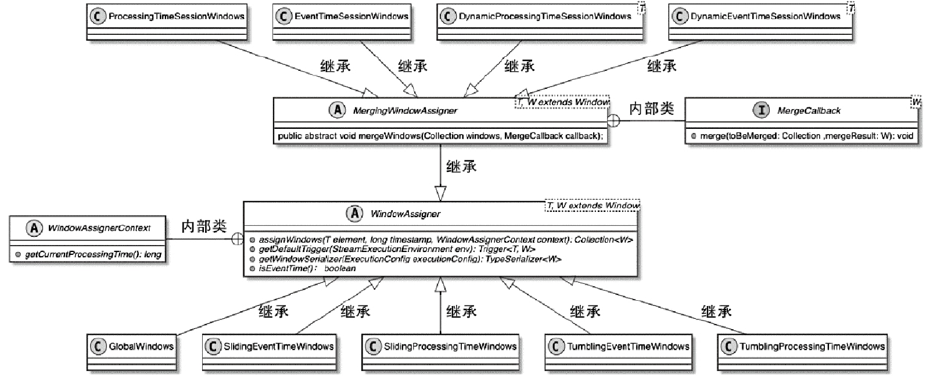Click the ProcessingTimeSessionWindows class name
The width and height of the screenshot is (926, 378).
pyautogui.click(x=176, y=16)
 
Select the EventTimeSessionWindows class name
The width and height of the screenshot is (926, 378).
pyautogui.click(x=351, y=16)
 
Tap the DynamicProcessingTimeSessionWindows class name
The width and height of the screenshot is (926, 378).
pyautogui.click(x=544, y=16)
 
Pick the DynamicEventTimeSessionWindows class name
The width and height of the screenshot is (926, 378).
pyautogui.click(x=765, y=16)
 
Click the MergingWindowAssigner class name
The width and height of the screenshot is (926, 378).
pyautogui.click(x=405, y=110)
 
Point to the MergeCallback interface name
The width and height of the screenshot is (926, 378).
pyautogui.click(x=809, y=110)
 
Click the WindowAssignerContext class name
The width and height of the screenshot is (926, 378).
pyautogui.click(x=99, y=228)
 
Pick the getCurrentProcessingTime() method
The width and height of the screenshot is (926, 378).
pyautogui.click(x=93, y=254)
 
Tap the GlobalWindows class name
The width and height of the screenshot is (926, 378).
pyautogui.click(x=141, y=347)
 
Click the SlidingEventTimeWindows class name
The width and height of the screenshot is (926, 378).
pyautogui.click(x=278, y=347)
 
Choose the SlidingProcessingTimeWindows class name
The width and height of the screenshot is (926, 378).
pyautogui.click(x=450, y=347)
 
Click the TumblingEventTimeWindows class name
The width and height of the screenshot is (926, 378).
pyautogui.click(x=628, y=347)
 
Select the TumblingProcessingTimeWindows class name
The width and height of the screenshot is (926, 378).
pyautogui.click(x=812, y=347)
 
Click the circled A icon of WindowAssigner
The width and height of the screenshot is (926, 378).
pyautogui.click(x=354, y=213)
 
